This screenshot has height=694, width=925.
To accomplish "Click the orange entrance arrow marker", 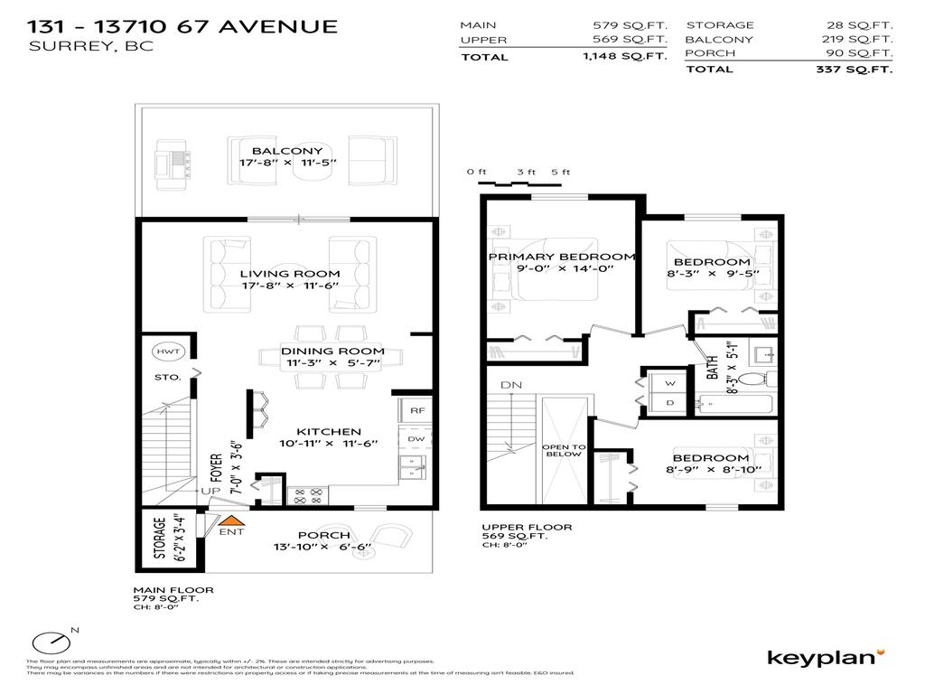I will (232, 520).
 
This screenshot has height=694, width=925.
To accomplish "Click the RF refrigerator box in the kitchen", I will (416, 410).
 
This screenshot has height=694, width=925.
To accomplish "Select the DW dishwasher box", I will (416, 439).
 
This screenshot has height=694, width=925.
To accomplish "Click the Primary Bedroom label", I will (562, 257).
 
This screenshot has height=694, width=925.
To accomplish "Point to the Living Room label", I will (290, 274).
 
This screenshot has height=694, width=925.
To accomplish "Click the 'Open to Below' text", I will (565, 451).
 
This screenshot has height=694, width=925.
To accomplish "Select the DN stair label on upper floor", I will (510, 385).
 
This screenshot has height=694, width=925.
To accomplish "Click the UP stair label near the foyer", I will (210, 491).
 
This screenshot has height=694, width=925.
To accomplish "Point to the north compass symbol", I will (52, 642).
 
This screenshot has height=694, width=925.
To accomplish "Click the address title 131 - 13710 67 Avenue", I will (183, 26).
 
